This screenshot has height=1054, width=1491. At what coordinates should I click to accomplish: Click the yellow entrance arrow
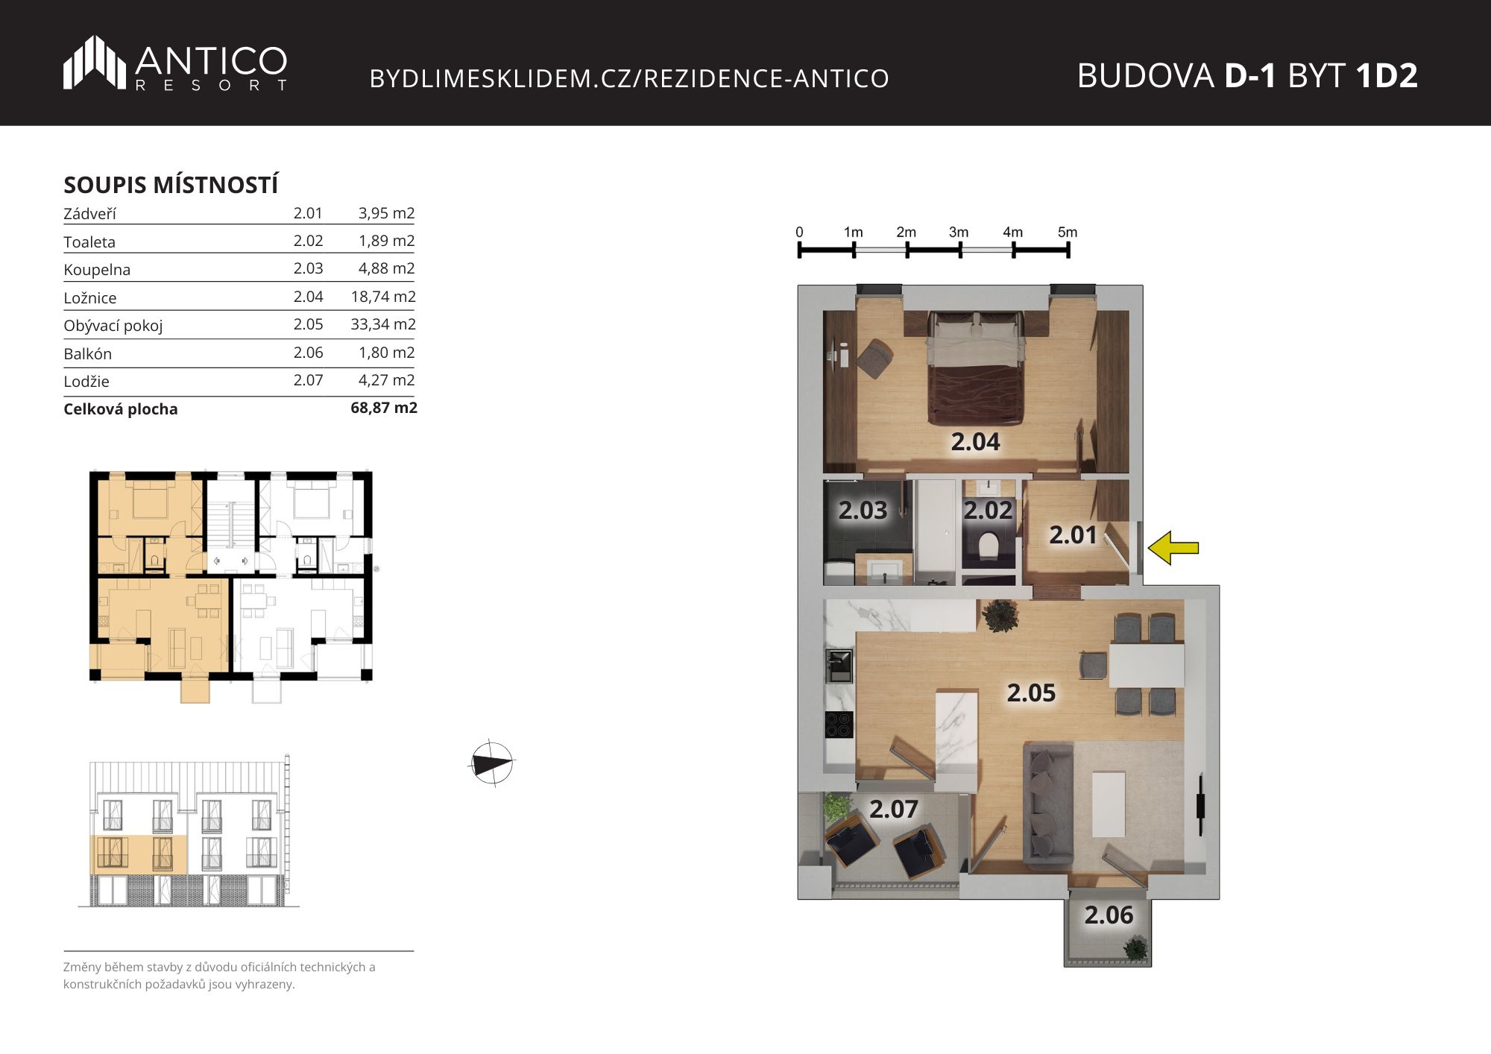tap(1173, 548)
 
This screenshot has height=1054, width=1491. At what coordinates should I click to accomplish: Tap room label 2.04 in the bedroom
tap(975, 442)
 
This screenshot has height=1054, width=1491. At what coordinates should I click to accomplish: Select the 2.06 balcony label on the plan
tap(1109, 915)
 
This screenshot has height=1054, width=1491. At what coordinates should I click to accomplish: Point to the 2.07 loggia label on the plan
tap(893, 810)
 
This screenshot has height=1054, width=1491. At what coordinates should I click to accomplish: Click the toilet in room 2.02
tap(989, 545)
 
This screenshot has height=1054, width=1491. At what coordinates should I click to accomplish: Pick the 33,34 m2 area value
tap(383, 324)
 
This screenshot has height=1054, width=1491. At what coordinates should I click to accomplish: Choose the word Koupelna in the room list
tap(97, 270)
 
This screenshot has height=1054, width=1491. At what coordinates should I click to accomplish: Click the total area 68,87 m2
tap(384, 408)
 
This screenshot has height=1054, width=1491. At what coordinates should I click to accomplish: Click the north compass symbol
tap(492, 763)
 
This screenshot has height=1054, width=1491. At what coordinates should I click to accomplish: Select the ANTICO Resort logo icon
tap(95, 63)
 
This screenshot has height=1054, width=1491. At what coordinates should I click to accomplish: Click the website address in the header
tap(629, 78)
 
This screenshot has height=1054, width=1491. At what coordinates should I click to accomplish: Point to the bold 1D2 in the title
tap(1387, 75)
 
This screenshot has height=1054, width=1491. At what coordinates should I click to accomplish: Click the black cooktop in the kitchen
tap(839, 725)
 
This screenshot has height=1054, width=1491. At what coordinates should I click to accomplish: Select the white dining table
tap(1147, 665)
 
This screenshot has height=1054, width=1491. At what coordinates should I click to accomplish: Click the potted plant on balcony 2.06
tap(1135, 949)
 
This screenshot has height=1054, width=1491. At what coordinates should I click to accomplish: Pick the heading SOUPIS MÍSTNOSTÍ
tap(171, 184)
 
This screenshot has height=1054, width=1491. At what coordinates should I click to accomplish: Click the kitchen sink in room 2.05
tap(839, 666)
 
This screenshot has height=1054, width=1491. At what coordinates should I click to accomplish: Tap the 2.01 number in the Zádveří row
tap(308, 213)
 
